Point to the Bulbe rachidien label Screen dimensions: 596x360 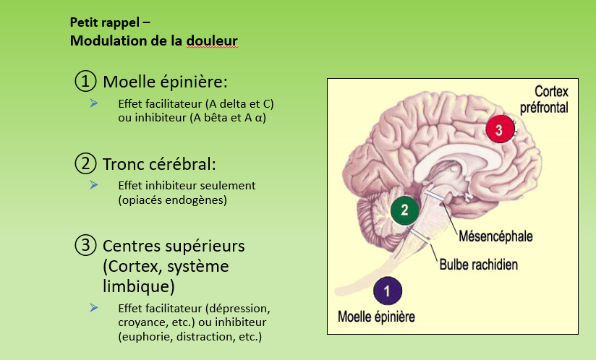coord(478,265)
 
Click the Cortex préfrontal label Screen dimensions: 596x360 coord(544,100)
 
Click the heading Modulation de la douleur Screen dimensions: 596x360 coord(153,41)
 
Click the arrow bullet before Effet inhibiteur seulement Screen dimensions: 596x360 coord(94,185)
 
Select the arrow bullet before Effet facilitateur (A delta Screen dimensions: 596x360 coord(94,103)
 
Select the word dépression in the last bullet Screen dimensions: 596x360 coord(237,309)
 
